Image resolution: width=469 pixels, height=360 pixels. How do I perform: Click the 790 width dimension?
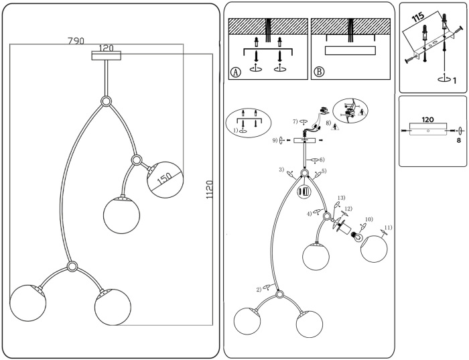[x=76, y=40]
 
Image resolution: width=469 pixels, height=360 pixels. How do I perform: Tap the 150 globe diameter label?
[x=162, y=182]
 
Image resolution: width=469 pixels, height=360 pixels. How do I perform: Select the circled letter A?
[x=235, y=72]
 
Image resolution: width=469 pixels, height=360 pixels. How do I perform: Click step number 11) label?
[x=389, y=227]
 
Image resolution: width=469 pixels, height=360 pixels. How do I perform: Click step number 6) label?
[x=322, y=160]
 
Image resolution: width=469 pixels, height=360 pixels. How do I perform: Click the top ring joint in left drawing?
[x=106, y=101]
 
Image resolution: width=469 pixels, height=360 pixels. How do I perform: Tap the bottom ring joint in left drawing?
[x=72, y=267]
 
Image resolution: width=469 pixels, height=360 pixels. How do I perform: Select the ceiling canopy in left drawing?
[x=106, y=56]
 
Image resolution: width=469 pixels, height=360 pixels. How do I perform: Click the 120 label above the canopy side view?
[x=427, y=120]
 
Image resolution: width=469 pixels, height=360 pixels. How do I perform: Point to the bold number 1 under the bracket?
[x=454, y=80]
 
